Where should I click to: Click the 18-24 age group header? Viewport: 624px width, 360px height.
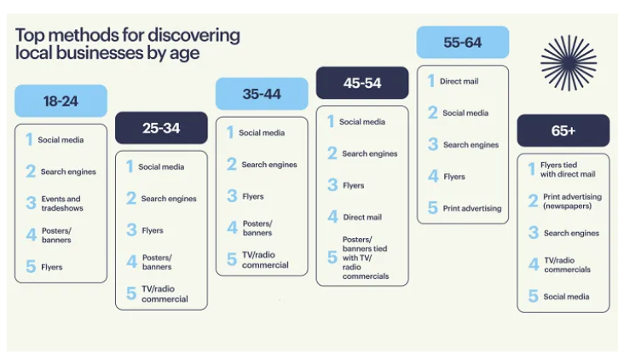click(61, 101)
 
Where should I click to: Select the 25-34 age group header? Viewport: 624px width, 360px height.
click(161, 128)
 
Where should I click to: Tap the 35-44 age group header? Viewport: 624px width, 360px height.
click(262, 94)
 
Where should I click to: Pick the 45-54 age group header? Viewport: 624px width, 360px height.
click(362, 83)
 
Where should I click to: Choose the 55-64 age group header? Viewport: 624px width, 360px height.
click(463, 42)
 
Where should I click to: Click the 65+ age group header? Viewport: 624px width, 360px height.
click(563, 131)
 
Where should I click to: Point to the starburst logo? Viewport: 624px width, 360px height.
click(569, 62)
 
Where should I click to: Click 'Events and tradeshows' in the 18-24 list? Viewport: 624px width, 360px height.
click(62, 203)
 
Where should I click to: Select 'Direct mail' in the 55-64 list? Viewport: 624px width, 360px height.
click(459, 81)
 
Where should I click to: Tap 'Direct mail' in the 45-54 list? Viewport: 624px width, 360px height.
click(362, 217)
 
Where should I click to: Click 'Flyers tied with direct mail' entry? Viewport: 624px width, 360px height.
click(568, 169)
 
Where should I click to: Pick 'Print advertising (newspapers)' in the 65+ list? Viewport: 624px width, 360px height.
click(572, 201)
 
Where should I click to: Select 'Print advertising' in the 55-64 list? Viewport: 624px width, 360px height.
click(472, 208)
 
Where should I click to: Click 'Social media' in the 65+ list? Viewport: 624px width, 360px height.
click(566, 297)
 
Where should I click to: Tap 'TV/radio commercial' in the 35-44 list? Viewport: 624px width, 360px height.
click(265, 259)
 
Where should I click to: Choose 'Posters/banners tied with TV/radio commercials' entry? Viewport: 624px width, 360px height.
click(366, 258)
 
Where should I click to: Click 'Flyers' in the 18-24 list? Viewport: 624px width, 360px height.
click(52, 267)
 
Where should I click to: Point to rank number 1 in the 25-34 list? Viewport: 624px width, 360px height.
click(130, 166)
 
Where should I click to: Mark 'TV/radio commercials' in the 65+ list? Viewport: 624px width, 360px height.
click(567, 264)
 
